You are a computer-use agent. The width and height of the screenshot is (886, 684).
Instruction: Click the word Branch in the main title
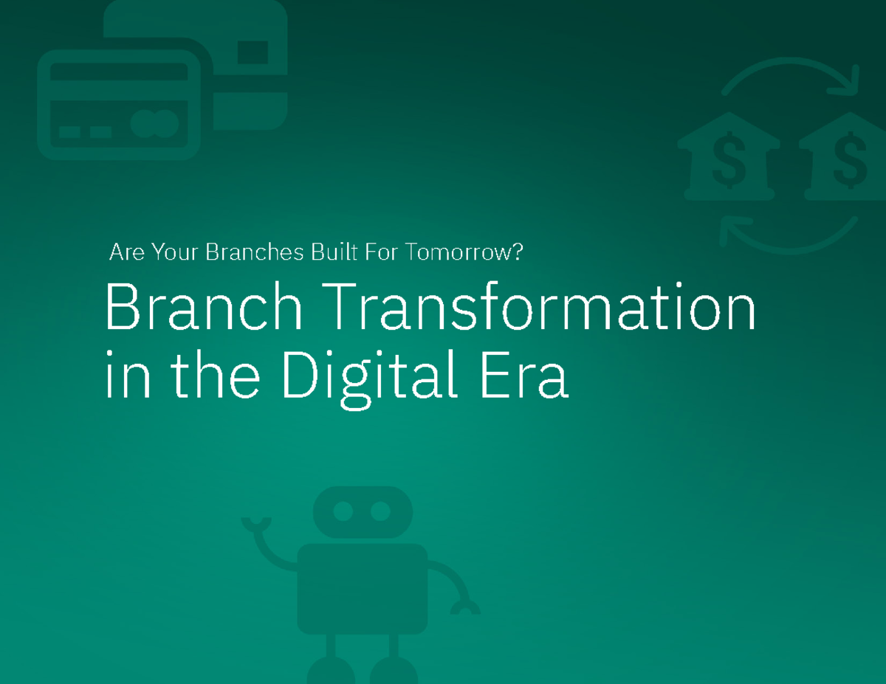[x=203, y=308]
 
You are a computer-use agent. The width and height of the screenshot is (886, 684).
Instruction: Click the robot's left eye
[x=343, y=511]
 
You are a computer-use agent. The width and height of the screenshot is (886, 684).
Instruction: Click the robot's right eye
[x=380, y=511]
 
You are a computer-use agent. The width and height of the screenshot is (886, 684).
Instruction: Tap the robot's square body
[x=362, y=588]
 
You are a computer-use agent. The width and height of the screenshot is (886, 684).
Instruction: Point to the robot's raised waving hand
[x=255, y=525]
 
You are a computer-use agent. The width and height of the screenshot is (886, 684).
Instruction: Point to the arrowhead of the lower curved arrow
[x=731, y=231]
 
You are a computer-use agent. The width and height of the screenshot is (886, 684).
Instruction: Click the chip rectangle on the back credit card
[x=253, y=52]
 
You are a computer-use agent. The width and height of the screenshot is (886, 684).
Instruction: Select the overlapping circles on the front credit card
[x=154, y=123]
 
